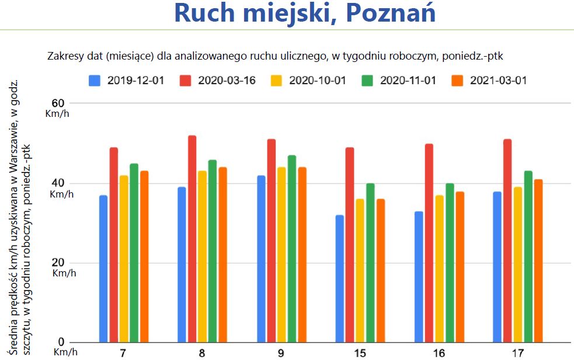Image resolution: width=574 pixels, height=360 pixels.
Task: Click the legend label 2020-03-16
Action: coord(226,80)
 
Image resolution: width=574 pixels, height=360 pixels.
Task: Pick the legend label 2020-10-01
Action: coord(318,80)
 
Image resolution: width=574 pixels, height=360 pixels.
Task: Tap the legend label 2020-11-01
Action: coord(408,80)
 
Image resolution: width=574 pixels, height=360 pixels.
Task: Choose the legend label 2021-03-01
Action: coord(499,80)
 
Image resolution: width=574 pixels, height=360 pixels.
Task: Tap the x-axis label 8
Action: coord(202,353)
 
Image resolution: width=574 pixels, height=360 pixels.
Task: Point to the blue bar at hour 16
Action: coord(419,276)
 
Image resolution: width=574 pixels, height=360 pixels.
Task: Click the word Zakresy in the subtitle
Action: coord(64,57)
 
